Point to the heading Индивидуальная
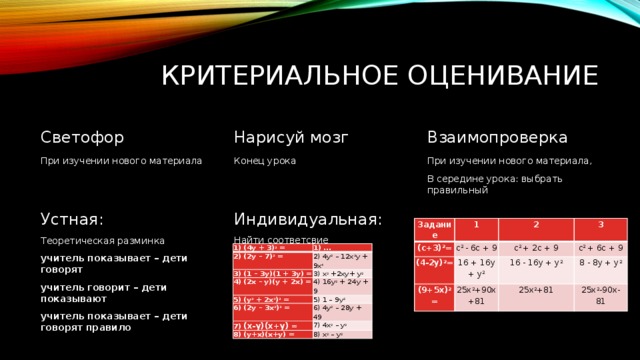[307, 218]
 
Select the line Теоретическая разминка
[102, 241]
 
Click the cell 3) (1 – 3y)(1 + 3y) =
[266, 272]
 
